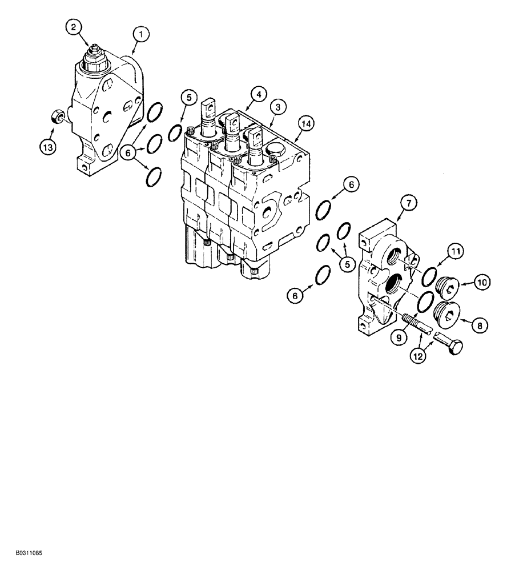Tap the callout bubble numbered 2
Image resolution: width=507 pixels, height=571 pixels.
73,26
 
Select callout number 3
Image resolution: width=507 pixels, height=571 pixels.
278,106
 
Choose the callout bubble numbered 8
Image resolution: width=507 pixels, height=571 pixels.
478,325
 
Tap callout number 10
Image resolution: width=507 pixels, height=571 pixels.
481,282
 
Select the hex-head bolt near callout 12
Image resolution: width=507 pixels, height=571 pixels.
449,344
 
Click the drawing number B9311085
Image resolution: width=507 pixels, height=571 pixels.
25,553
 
